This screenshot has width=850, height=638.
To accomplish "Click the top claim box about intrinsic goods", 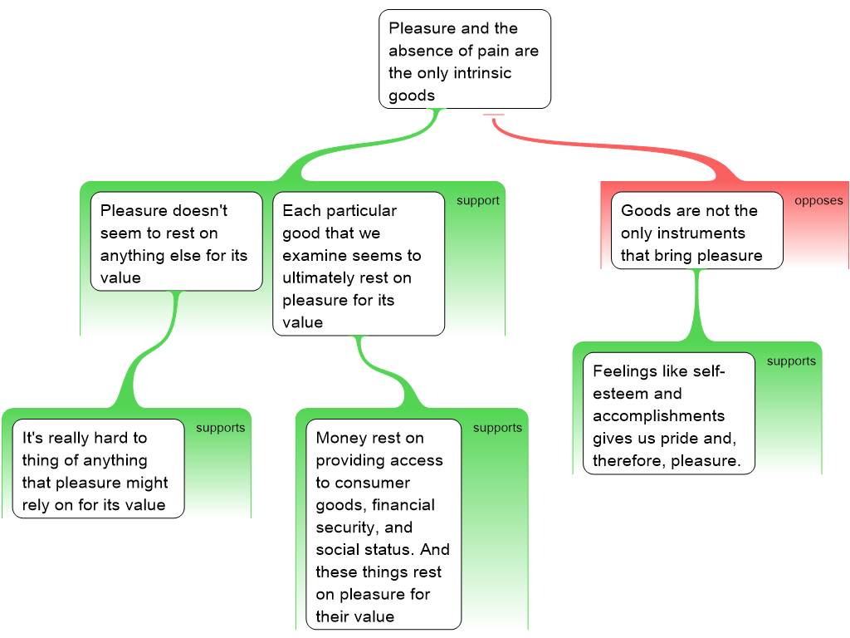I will pyautogui.click(x=465, y=59).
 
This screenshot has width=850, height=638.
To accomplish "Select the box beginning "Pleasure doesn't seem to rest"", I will pyautogui.click(x=176, y=244).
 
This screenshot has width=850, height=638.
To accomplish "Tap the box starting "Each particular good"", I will pyautogui.click(x=359, y=263).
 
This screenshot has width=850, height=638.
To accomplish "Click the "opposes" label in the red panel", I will pyautogui.click(x=818, y=200).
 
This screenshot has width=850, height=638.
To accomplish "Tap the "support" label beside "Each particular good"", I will pyautogui.click(x=477, y=200).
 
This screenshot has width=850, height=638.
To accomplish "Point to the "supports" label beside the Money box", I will pyautogui.click(x=497, y=428).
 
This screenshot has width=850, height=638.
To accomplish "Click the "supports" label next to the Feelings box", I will pyautogui.click(x=791, y=361).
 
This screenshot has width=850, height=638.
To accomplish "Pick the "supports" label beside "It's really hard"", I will pyautogui.click(x=220, y=428).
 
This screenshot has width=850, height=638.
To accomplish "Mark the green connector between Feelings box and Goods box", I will pyautogui.click(x=697, y=307).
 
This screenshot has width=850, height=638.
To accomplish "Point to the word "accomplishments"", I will pyautogui.click(x=658, y=415).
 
